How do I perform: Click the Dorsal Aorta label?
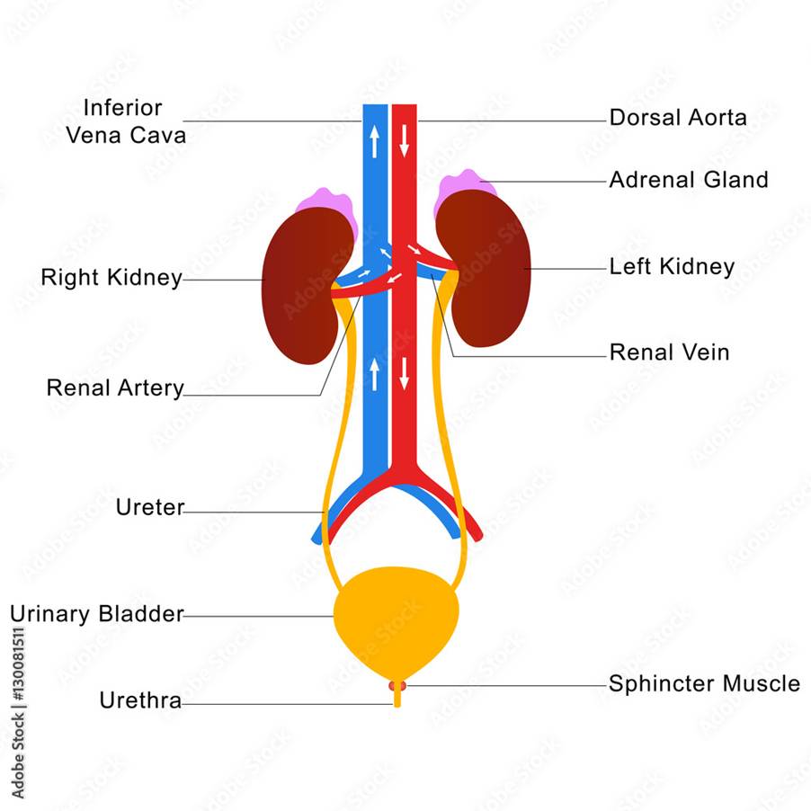(x=677, y=118)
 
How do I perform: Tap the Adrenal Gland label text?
(x=689, y=180)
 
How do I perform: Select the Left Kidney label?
(x=672, y=267)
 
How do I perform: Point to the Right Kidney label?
(x=111, y=278)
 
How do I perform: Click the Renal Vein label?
(x=669, y=352)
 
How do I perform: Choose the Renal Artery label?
(x=115, y=388)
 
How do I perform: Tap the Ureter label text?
(x=149, y=507)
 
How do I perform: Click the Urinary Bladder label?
(x=97, y=614)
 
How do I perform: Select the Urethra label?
(x=140, y=700)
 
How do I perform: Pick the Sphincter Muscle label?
(x=704, y=683)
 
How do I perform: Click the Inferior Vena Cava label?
(x=126, y=121)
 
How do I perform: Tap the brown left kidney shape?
(x=490, y=270)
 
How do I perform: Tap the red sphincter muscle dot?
(x=397, y=686)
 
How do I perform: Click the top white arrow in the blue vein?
(x=374, y=139)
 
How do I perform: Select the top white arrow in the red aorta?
(x=405, y=139)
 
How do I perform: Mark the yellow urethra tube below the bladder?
(x=397, y=700)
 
